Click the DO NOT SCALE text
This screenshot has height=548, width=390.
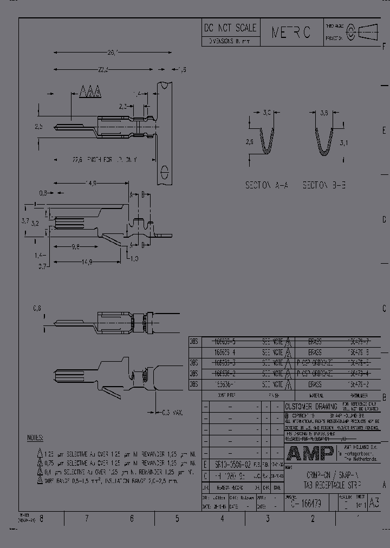(230, 29)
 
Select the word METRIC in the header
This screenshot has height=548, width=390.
(291, 33)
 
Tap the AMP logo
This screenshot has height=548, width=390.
(310, 452)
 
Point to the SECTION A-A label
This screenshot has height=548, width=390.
(266, 185)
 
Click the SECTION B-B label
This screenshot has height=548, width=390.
(324, 185)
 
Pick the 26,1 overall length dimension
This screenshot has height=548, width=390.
(113, 53)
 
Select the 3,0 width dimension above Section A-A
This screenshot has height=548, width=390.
(266, 113)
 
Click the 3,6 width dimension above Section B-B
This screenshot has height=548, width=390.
(324, 113)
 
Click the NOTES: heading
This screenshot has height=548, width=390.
(35, 438)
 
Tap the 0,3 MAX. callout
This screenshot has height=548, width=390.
(172, 413)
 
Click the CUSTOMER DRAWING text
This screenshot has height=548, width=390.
(311, 406)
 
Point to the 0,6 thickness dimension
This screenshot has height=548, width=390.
(37, 308)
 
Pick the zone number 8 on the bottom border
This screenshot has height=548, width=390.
(41, 519)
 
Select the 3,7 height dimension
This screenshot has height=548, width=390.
(25, 220)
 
